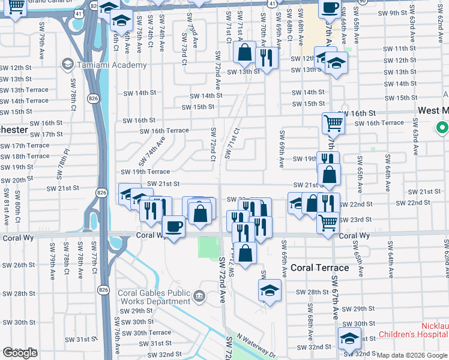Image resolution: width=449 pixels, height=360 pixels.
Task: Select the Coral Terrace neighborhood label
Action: tap(319, 267)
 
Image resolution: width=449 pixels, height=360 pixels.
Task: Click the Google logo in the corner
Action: tap(20, 353)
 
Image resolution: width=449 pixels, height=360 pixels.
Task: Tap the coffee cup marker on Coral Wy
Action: tap(173, 227)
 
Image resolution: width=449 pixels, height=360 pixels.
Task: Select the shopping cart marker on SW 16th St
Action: tap(333, 124)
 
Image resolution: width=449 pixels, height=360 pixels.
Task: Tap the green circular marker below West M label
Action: tap(442, 128)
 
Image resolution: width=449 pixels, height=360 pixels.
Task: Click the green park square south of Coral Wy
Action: tap(208, 247)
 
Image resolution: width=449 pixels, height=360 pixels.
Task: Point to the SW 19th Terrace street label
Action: tap(146, 172)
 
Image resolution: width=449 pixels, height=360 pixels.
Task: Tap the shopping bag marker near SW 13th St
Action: tap(245, 53)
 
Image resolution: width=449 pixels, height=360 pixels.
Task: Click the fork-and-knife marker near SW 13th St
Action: tap(265, 58)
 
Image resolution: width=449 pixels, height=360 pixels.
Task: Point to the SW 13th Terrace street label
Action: tap(25, 90)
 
